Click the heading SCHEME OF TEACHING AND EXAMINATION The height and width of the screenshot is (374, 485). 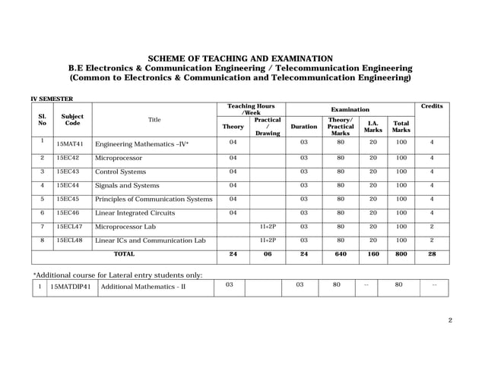point(239,58)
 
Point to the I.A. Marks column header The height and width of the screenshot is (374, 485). point(373,127)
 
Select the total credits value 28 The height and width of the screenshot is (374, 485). point(431,254)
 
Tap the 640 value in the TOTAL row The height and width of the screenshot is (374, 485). point(339,254)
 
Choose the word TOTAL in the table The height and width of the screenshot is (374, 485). point(124,254)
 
